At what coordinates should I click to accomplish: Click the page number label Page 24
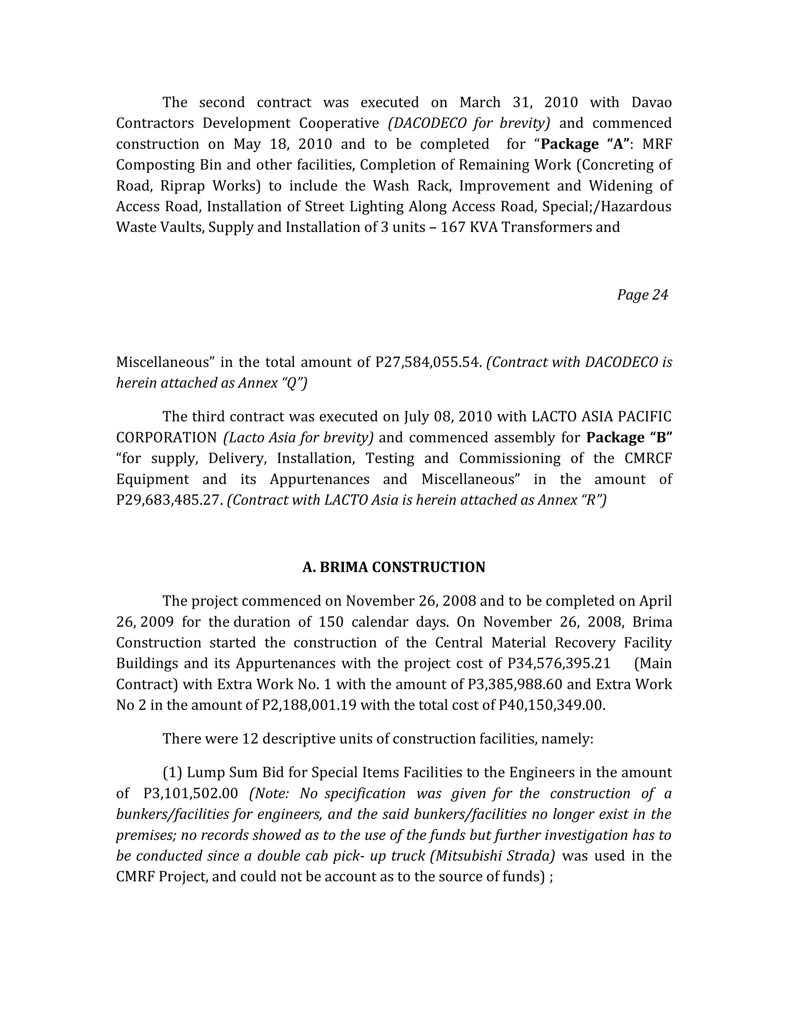point(642,295)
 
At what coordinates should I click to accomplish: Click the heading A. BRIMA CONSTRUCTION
point(394,567)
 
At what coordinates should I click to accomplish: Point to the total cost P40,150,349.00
point(551,705)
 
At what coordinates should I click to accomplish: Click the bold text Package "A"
point(584,144)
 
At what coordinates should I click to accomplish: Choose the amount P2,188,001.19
point(309,705)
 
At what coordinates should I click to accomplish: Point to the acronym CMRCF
point(648,459)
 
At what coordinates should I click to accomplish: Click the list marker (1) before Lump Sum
point(172,773)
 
